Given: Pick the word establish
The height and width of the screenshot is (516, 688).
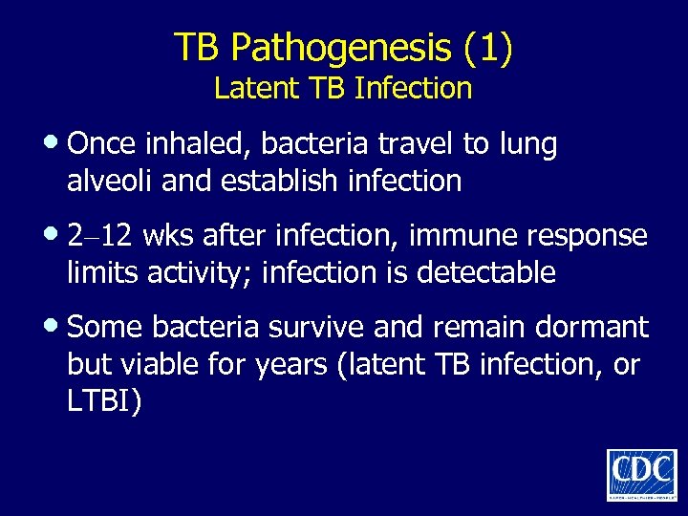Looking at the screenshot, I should [252, 181].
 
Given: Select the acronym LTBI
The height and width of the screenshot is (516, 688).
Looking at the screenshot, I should [103, 401].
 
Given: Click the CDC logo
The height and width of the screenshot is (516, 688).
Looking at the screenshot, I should [641, 474].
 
